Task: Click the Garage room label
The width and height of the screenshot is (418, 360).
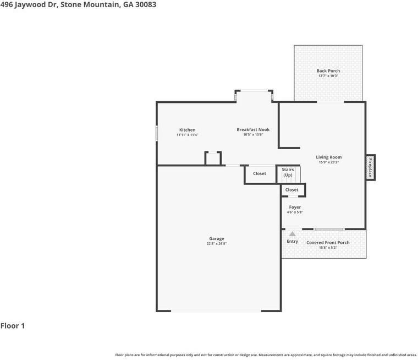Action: point(216,238)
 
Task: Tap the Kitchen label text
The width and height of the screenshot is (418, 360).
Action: point(187,130)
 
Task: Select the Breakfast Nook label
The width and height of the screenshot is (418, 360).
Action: point(253,129)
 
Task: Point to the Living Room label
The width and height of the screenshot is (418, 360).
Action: point(329,157)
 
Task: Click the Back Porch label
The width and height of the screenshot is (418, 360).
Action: point(328,70)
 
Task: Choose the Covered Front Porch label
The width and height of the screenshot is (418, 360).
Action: point(328,242)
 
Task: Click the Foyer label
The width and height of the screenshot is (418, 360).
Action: point(295,207)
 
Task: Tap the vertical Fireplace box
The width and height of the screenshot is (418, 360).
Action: point(370,167)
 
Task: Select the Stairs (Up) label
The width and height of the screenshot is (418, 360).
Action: point(288,172)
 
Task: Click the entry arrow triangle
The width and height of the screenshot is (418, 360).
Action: point(292,233)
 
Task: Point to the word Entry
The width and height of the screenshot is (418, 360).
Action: point(292,241)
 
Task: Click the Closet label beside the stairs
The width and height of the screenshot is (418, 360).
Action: point(260,173)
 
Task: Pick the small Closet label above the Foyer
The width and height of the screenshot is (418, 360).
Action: point(291,189)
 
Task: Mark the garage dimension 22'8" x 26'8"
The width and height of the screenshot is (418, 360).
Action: point(216,243)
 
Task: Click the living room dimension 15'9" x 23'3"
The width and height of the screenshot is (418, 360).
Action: point(329,162)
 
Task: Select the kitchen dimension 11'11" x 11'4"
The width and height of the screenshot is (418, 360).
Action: point(187,135)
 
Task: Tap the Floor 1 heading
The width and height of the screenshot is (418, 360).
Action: point(13,326)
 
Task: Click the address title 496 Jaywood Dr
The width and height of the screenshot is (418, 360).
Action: point(78,4)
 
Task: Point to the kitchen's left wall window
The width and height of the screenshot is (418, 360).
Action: point(157,133)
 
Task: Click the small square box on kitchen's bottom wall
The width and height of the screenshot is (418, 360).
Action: point(213,159)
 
